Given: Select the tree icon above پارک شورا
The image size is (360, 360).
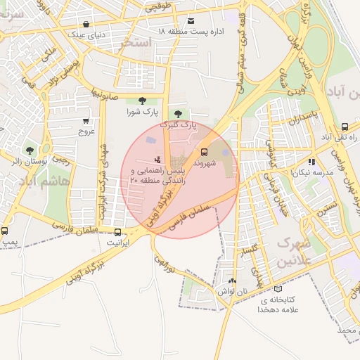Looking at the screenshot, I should [x=143, y=101].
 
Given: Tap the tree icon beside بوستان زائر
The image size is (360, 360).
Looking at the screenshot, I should [x=30, y=150].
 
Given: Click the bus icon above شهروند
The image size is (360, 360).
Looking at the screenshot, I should [x=205, y=151].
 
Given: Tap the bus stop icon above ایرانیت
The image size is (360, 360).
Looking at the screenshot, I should [x=117, y=231].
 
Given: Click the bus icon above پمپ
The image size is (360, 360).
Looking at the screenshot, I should [x=5, y=231].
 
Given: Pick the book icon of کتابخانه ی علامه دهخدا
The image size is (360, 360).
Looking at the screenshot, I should [x=278, y=288].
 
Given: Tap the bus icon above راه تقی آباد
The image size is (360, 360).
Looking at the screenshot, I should [x=345, y=127].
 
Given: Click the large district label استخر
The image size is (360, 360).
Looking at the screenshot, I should [x=136, y=43].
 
